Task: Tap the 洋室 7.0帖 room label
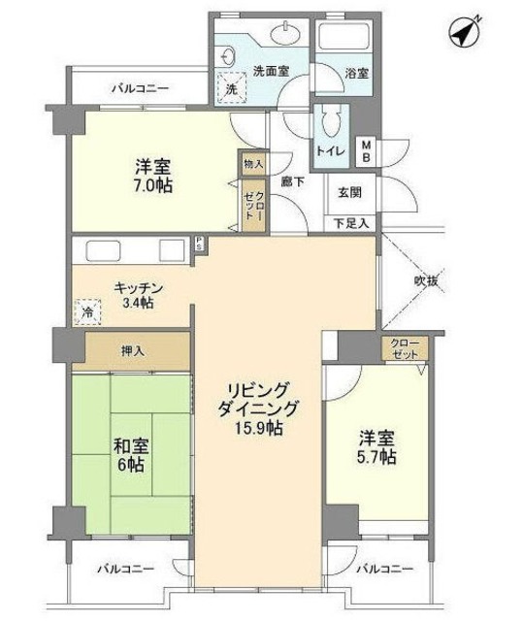tap(155, 175)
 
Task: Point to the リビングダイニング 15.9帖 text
tap(257, 408)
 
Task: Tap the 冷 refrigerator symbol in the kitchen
tap(86, 314)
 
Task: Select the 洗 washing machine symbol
tap(230, 88)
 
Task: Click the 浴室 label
tap(355, 74)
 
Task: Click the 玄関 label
tap(348, 192)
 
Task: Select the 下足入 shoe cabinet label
tap(350, 223)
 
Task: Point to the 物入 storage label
tap(252, 165)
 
